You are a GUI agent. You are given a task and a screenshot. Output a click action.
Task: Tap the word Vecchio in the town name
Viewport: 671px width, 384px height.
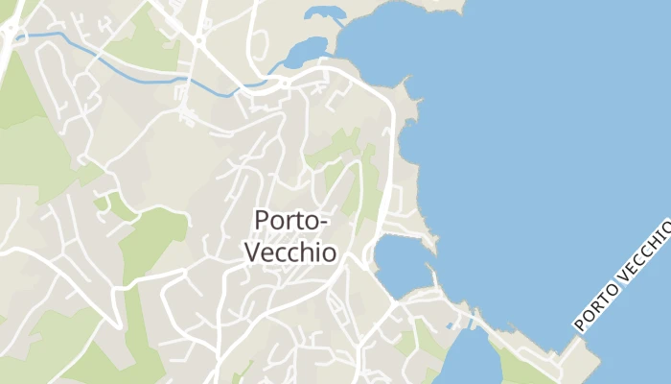(291, 252)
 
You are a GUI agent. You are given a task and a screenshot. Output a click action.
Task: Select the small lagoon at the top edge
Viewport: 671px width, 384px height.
(323, 13)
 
